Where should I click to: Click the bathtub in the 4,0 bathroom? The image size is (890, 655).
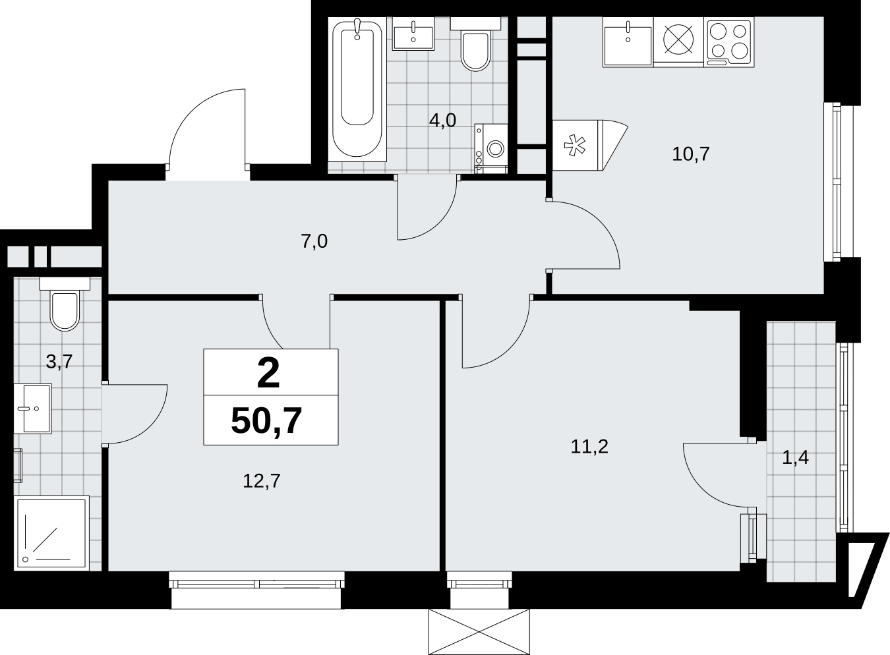(357, 90)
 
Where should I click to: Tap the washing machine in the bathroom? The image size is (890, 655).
(491, 148)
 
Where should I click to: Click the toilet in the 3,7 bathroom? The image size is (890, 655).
(65, 304)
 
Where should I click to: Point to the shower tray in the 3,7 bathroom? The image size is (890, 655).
(51, 533)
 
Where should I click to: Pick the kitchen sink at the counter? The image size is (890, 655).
(628, 42)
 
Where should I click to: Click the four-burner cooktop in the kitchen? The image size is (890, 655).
(728, 42)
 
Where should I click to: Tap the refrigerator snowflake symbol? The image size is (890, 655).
(575, 146)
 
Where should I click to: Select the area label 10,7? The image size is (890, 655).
(690, 154)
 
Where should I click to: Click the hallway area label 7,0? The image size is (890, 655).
(314, 241)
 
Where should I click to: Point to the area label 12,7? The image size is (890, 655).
(262, 481)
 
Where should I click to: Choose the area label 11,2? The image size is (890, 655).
(589, 447)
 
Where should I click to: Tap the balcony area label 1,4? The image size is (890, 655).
(795, 458)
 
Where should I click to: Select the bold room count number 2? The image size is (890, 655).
(268, 374)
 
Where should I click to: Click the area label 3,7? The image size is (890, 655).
(59, 362)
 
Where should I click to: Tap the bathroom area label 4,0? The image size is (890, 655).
(442, 121)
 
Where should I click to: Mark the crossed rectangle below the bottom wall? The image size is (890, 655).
(479, 632)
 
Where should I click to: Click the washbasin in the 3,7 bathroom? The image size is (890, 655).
(32, 409)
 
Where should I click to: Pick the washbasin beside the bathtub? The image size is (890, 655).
(413, 34)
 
